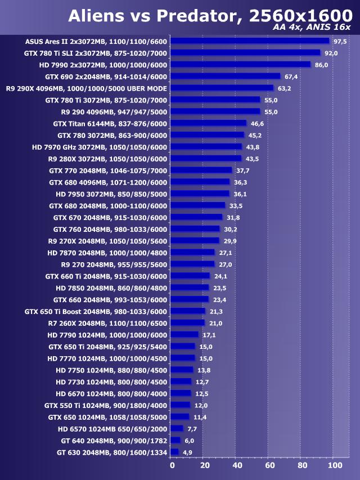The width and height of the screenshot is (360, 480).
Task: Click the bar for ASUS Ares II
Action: point(249,41)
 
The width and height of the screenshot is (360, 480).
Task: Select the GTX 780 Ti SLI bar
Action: point(245,53)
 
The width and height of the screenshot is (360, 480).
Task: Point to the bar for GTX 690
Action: point(225,77)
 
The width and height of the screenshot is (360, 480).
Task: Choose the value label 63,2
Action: point(284,88)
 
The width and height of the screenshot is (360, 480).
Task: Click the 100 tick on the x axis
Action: point(335,466)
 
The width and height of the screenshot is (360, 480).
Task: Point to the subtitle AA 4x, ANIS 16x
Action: point(311,28)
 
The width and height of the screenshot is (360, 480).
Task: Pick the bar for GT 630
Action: point(174,452)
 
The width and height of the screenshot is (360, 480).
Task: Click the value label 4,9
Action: point(187,452)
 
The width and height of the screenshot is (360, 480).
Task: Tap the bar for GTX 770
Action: point(201,170)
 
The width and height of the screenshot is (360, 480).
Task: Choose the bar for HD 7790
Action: point(184,335)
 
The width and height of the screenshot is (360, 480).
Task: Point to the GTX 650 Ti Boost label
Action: point(96,311)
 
